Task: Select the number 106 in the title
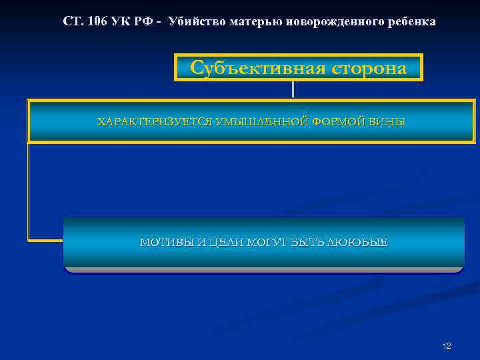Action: pos(99,21)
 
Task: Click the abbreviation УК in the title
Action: pos(124,21)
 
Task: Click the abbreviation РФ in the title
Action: pos(147,21)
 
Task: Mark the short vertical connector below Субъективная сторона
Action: pos(293,90)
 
